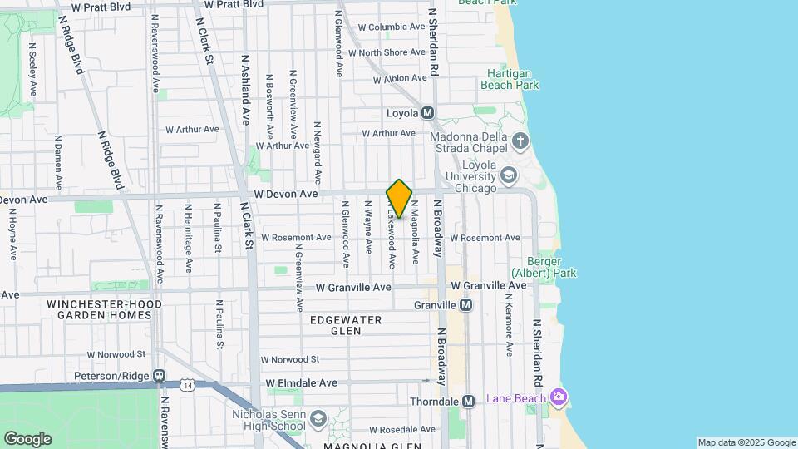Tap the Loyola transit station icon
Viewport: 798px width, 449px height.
tap(428, 113)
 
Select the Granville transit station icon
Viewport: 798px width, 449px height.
tap(466, 305)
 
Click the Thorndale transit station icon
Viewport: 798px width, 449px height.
tap(468, 402)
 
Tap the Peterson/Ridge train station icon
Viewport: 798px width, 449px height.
tap(159, 377)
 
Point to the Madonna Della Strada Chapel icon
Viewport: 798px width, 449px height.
tap(520, 140)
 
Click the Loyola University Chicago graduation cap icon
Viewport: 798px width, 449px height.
tap(508, 175)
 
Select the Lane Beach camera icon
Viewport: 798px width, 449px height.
tap(559, 397)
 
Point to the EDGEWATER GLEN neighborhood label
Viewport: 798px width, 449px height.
tap(346, 325)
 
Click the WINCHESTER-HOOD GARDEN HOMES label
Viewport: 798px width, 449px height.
tap(104, 310)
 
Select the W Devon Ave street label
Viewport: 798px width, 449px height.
tap(287, 194)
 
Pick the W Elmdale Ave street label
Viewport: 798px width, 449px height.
tap(302, 383)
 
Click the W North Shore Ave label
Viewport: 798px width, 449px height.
tap(387, 52)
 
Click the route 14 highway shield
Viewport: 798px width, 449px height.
tap(189, 384)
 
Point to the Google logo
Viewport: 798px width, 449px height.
tap(27, 439)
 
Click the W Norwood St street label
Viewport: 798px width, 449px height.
tap(290, 359)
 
